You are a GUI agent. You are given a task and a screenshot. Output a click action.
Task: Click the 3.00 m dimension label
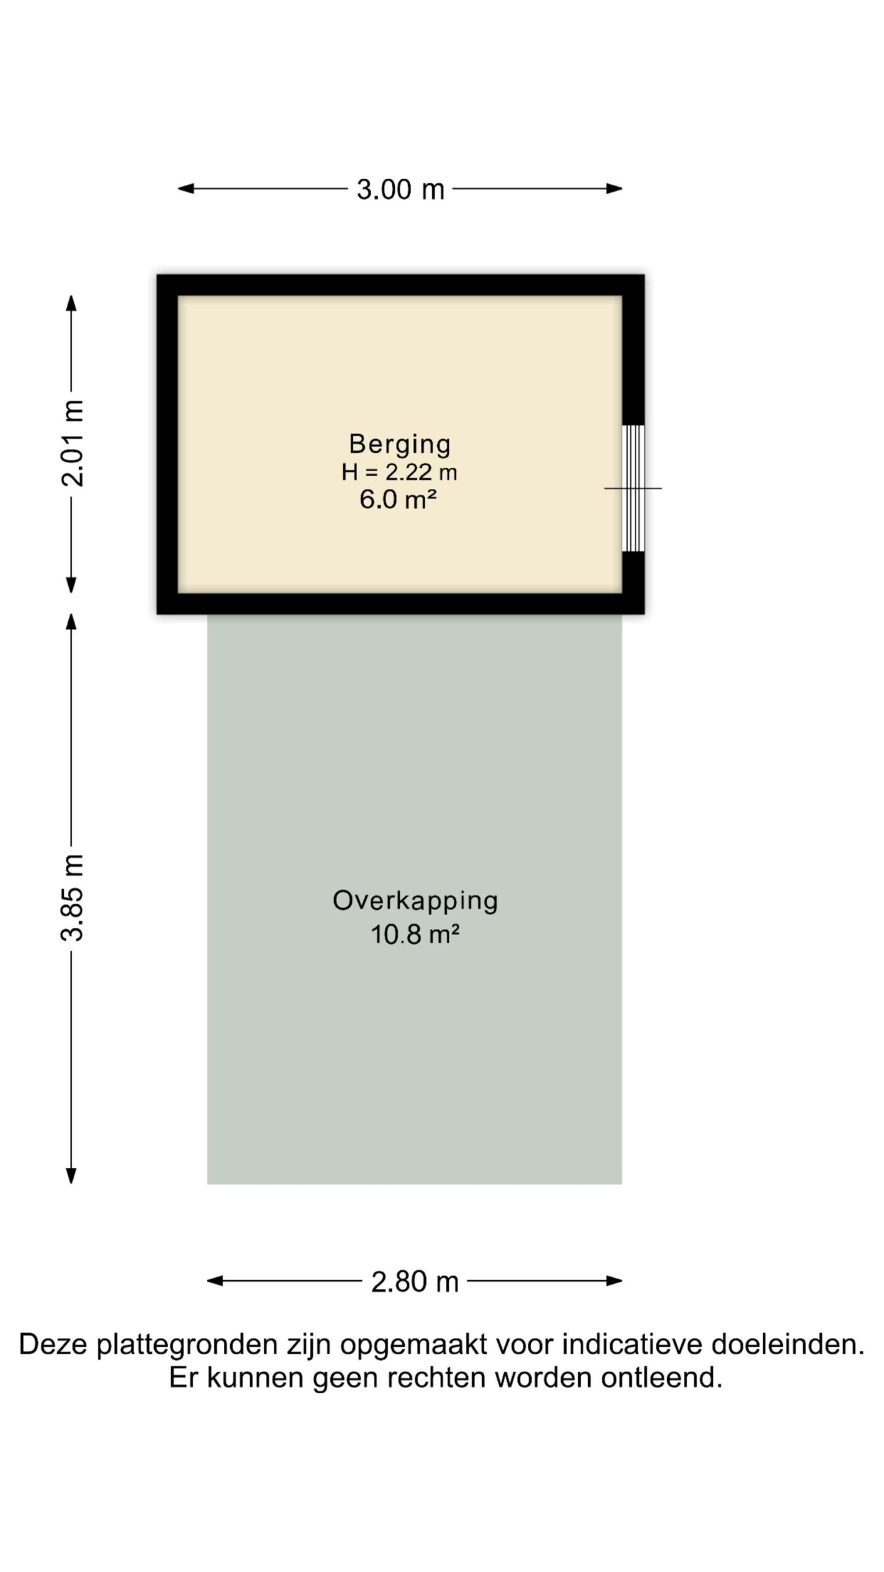[x=400, y=189]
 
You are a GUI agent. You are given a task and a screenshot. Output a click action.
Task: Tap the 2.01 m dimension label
[x=72, y=443]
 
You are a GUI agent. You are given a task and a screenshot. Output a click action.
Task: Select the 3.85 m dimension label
[x=72, y=897]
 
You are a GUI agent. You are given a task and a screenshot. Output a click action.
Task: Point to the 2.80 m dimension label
[x=414, y=1282]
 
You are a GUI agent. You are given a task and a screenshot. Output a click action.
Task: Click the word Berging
[x=400, y=445]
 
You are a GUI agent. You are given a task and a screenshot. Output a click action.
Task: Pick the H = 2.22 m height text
[x=400, y=472]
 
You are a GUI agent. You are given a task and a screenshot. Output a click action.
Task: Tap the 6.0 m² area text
[x=398, y=500]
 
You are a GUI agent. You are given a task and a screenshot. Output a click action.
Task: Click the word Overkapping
[x=415, y=901]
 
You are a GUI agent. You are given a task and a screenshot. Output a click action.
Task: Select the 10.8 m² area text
[x=415, y=935]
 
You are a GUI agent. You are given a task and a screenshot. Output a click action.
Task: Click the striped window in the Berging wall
[x=634, y=488]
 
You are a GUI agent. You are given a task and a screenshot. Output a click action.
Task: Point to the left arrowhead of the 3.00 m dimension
[x=186, y=189]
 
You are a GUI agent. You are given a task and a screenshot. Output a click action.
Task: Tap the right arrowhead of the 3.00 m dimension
[x=614, y=189]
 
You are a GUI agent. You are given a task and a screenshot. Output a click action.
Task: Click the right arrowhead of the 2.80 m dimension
[x=614, y=1281]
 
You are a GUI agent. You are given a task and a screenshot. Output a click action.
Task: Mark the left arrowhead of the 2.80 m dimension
[x=215, y=1281]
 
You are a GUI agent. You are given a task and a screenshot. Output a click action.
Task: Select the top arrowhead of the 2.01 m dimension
[x=71, y=303]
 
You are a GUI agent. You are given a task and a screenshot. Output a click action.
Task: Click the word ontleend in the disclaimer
[x=662, y=1379]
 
